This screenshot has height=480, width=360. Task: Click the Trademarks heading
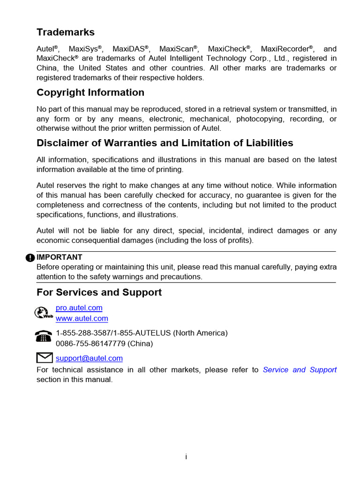[66, 32]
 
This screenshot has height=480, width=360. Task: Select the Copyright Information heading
[90, 92]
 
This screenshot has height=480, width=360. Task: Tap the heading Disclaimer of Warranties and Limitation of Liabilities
[165, 143]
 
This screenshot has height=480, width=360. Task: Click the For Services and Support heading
[99, 292]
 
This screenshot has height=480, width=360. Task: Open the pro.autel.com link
[79, 308]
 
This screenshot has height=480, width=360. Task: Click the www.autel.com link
[82, 319]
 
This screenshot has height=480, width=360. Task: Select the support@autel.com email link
[89, 359]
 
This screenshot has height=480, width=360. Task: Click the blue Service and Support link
[300, 370]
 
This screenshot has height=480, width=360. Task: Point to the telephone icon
[44, 337]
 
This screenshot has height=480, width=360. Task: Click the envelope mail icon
[44, 358]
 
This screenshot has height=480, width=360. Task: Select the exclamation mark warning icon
[30, 257]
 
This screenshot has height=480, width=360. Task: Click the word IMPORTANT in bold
[60, 257]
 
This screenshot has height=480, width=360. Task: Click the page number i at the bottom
[186, 457]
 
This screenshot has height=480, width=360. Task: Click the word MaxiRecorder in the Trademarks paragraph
[286, 49]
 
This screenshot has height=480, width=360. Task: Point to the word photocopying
[258, 119]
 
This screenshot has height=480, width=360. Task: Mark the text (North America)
[201, 333]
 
